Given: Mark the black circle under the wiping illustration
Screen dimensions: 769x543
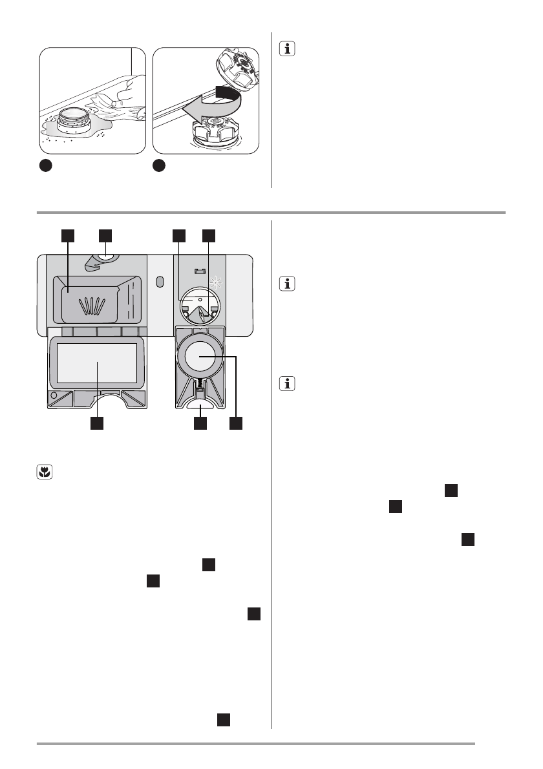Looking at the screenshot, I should coord(43,165).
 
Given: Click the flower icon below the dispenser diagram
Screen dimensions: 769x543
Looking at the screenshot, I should coord(43,472).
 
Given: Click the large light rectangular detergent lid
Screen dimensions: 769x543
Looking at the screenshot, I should coord(96,363).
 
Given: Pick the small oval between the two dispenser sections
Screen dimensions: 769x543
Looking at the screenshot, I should coord(161,283).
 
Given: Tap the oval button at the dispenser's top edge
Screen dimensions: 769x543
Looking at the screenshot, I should coord(106,259).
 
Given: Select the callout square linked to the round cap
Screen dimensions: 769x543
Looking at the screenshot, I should coord(237,423).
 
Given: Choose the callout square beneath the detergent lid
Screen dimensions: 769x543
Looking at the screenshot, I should coord(97,423).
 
